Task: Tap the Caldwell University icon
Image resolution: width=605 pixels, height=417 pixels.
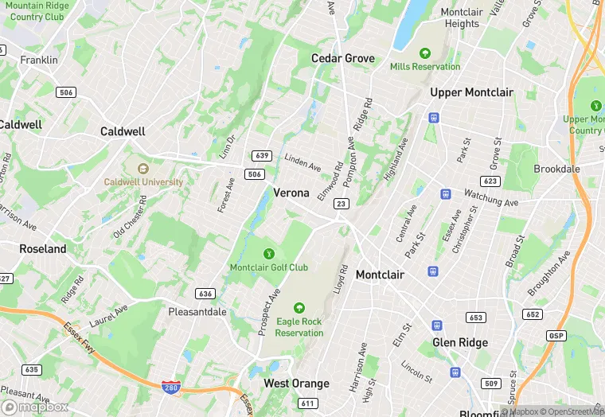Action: [143, 169]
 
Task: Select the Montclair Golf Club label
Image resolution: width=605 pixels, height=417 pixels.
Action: [268, 267]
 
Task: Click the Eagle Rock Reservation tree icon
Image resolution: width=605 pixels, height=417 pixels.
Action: [299, 308]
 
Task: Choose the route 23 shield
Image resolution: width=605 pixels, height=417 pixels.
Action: [340, 204]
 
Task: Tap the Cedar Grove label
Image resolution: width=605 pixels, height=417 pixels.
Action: [342, 58]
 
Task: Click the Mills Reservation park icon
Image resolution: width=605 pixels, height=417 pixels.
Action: [425, 53]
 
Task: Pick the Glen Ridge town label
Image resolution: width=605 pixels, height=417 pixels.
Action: [459, 342]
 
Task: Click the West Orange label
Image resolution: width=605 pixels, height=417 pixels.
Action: [296, 384]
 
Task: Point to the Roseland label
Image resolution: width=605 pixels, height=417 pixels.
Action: [43, 249]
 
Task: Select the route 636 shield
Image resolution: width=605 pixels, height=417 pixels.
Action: [205, 294]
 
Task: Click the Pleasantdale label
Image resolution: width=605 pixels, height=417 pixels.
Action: [197, 312]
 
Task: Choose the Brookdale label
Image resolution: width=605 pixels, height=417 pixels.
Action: [556, 170]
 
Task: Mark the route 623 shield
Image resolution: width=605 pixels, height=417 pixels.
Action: [490, 181]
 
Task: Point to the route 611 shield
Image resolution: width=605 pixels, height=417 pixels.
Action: [307, 403]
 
